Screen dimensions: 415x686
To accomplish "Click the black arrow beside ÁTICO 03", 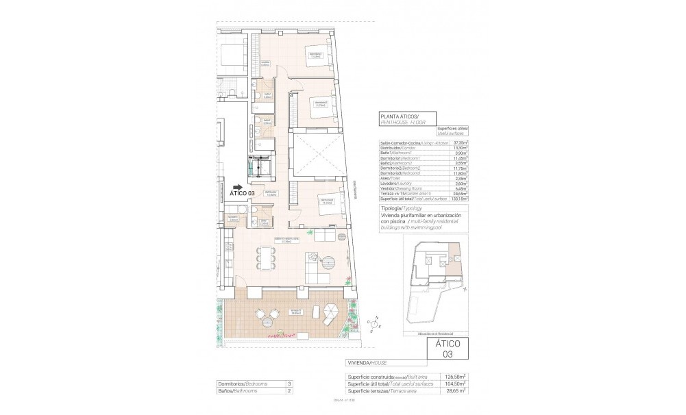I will (238, 186).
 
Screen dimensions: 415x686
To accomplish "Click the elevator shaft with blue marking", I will (260, 165).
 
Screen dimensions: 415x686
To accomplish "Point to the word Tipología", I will (391, 207).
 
